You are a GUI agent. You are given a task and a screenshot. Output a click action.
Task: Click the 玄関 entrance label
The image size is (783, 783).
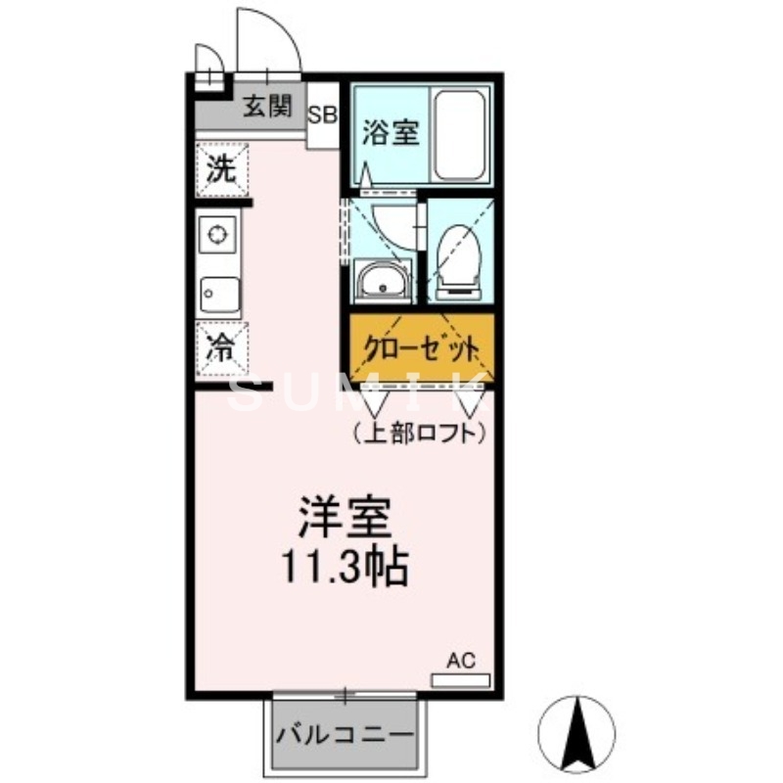(267, 107)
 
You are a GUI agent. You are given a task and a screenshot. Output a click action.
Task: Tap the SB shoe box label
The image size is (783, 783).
(323, 114)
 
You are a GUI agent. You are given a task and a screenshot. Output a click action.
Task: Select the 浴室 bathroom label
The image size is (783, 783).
(391, 133)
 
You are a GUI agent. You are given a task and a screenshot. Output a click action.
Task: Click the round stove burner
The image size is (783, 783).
(216, 235)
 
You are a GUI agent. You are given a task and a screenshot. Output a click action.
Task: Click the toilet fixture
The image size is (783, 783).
(457, 260)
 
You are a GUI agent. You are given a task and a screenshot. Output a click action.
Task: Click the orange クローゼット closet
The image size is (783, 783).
(422, 348)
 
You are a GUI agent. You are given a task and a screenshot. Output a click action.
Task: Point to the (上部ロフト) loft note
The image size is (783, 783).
(419, 431)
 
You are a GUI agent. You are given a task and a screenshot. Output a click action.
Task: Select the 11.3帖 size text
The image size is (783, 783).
(345, 565)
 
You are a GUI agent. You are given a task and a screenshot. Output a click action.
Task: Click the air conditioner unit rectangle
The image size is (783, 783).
(461, 678)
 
